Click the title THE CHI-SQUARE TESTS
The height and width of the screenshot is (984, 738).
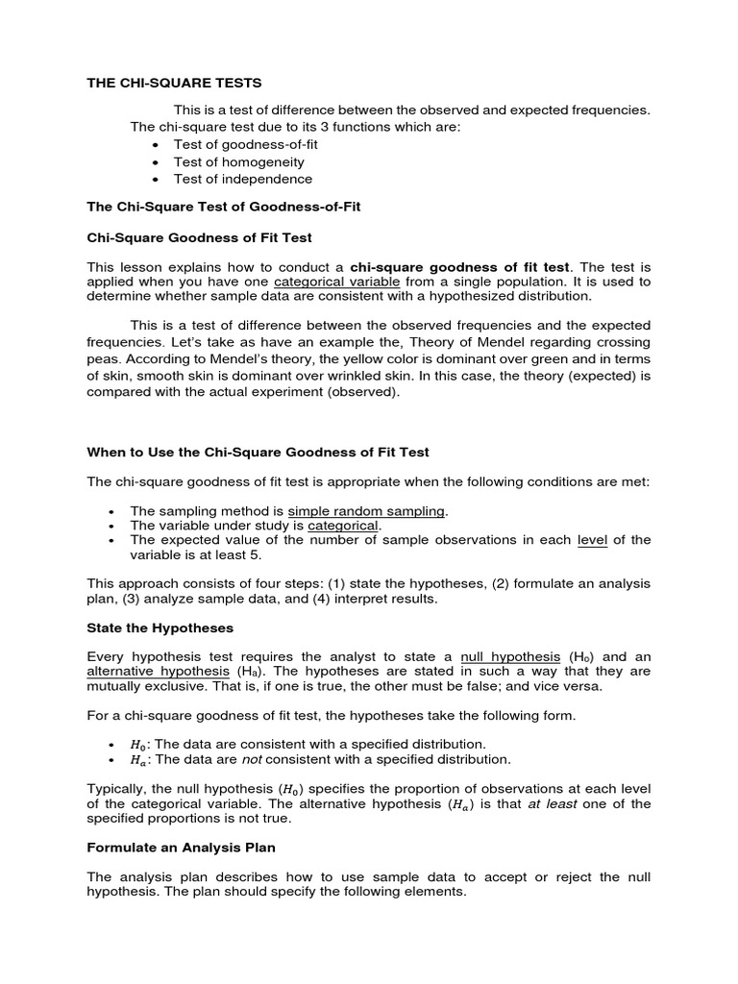tap(174, 84)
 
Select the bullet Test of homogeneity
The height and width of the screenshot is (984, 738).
tap(238, 161)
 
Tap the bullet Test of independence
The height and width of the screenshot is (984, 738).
tap(242, 179)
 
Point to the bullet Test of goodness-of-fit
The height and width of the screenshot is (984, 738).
tap(245, 144)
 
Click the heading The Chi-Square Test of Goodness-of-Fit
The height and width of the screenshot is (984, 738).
tap(224, 208)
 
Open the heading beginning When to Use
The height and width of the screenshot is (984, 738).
tap(258, 452)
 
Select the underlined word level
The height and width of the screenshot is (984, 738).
tap(592, 540)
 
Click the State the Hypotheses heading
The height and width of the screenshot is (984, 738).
tap(160, 627)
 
